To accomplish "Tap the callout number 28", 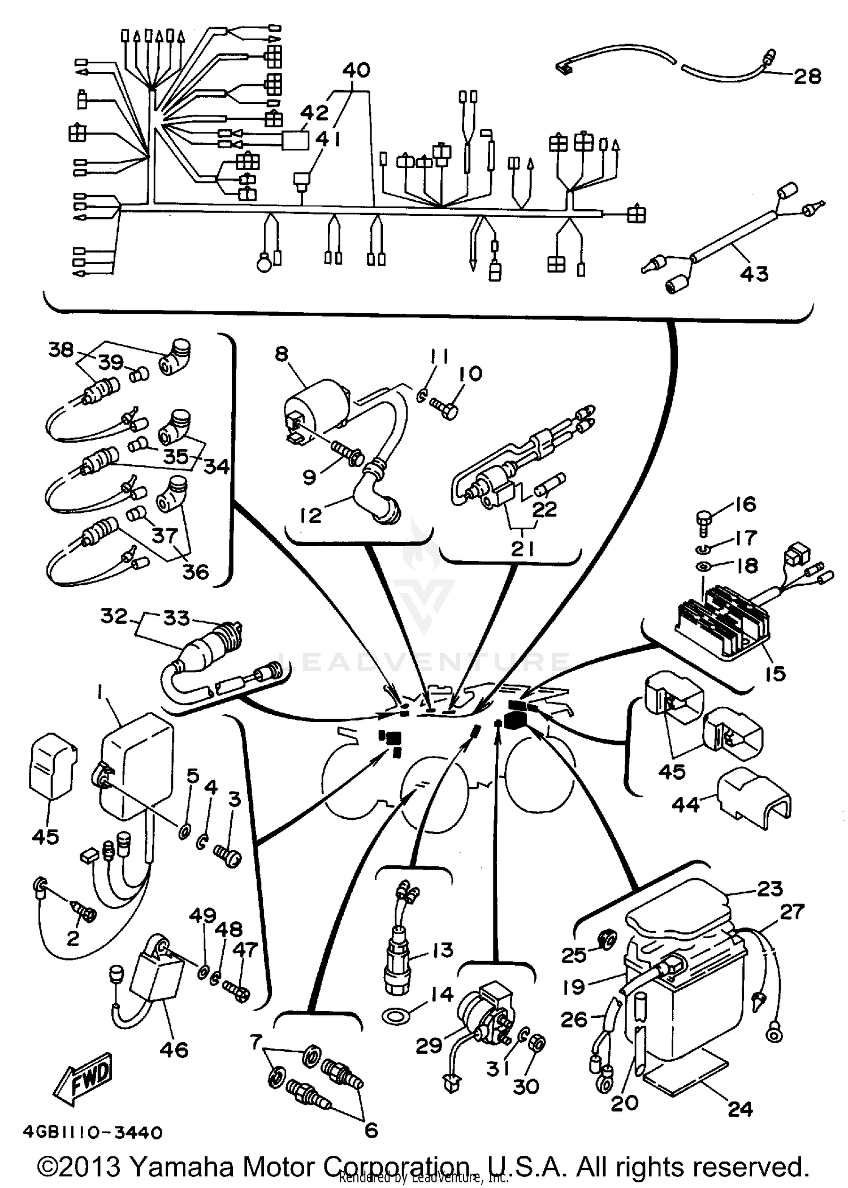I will click(x=807, y=76).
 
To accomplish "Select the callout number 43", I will click(x=754, y=274).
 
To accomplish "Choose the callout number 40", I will click(x=357, y=70).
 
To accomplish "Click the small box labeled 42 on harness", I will click(x=296, y=140).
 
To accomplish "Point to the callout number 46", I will click(x=174, y=1049).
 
